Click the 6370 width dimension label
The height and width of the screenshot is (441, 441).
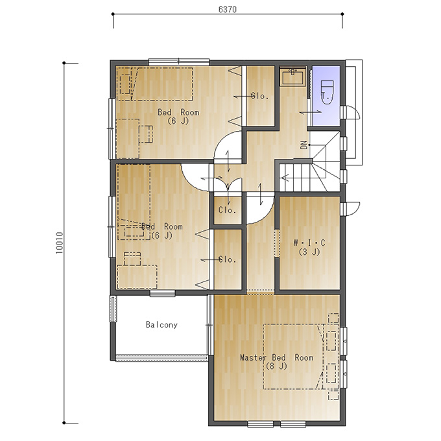click(228, 9)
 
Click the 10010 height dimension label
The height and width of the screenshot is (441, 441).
click(60, 243)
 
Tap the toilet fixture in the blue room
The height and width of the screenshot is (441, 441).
click(327, 92)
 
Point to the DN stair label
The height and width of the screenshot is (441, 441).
click(304, 145)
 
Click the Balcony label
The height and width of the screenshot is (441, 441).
click(161, 325)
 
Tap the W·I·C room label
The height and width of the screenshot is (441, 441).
click(309, 243)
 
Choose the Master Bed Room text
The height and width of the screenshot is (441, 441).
click(277, 358)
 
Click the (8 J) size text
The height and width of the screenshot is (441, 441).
click(276, 366)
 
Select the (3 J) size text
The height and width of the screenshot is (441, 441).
click(309, 252)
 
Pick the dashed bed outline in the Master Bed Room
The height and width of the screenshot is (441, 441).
click(294, 357)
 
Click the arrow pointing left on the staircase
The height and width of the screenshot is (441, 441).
click(285, 178)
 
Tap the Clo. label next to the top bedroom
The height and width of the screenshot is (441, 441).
click(260, 97)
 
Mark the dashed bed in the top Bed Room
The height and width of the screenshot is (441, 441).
click(155, 84)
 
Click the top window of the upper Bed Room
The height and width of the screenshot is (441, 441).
click(179, 62)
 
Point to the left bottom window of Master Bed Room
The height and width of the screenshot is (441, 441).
click(261, 424)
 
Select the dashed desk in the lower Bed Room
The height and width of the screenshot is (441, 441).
click(137, 276)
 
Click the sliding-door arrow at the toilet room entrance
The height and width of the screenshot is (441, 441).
click(311, 112)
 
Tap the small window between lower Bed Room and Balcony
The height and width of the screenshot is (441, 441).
click(162, 293)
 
